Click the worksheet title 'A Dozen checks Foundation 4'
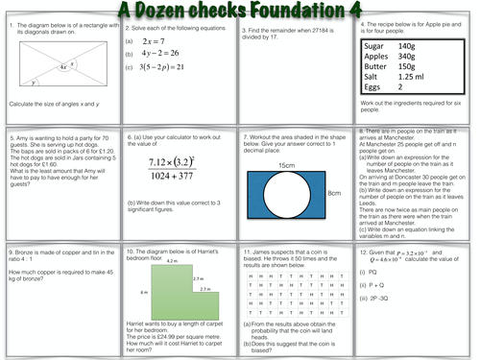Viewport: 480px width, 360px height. click(x=241, y=10)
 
